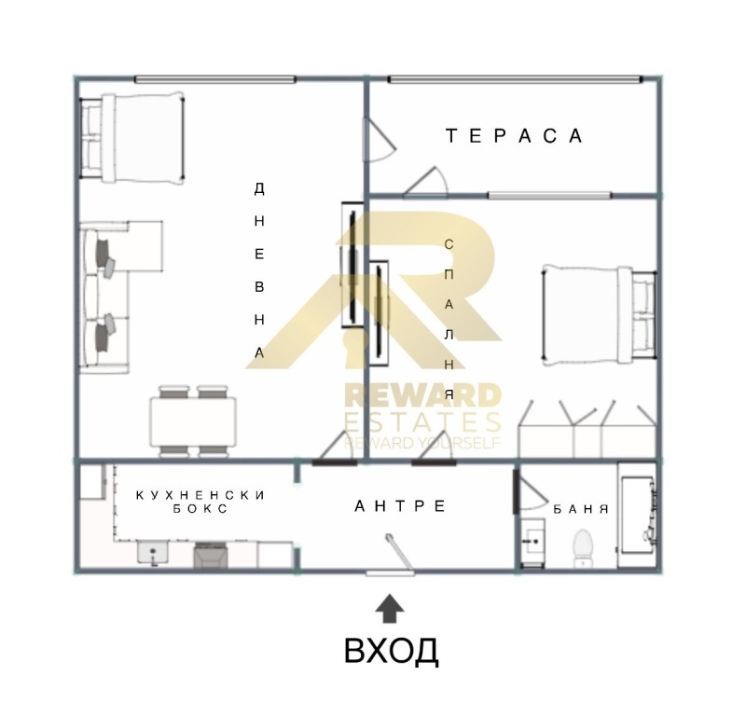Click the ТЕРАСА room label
click(514, 136)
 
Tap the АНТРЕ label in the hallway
click(400, 506)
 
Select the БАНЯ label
click(580, 510)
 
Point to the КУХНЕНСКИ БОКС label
click(200, 502)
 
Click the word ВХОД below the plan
click(391, 651)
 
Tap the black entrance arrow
click(390, 609)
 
